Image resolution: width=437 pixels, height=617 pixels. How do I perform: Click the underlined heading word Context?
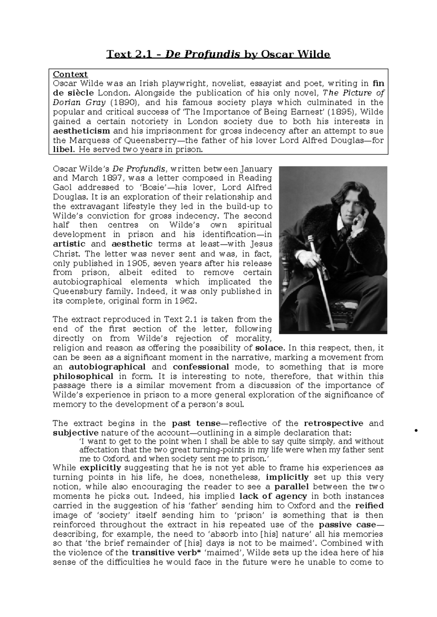pos(70,74)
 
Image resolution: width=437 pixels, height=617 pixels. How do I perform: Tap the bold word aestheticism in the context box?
pos(81,131)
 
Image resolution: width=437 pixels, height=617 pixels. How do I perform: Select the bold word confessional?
pos(201,367)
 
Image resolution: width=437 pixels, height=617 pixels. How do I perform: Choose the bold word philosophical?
pos(83,376)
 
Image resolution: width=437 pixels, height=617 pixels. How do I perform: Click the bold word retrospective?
pos(333,423)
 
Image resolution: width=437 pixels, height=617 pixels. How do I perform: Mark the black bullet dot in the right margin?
pos(416,431)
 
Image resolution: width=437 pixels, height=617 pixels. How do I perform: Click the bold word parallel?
pos(292,487)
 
